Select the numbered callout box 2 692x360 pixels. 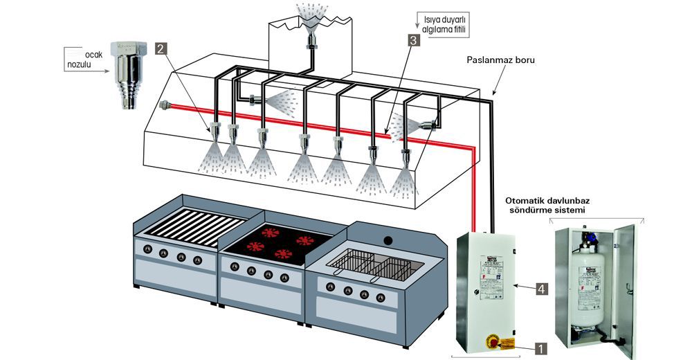[161, 48]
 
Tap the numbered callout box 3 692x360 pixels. [413, 40]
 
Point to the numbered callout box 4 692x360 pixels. [541, 287]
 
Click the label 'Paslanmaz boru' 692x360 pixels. [500, 60]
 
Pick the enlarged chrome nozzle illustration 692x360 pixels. [129, 73]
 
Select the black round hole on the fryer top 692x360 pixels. [388, 240]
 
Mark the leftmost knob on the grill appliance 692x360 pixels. [146, 249]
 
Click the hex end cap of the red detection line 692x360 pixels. [163, 106]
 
